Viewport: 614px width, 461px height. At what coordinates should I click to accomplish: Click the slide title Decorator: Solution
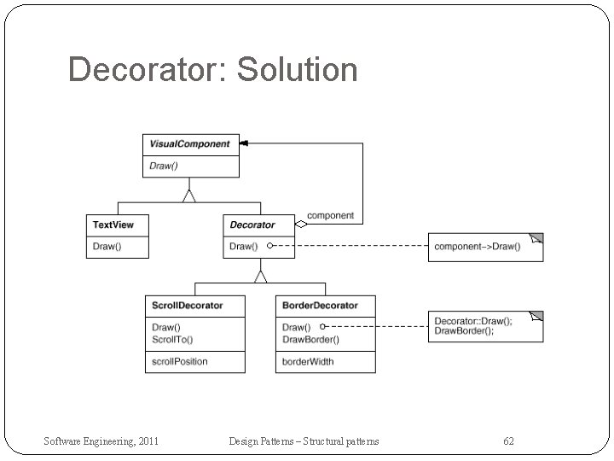pyautogui.click(x=212, y=69)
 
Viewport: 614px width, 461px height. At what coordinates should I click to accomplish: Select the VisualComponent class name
pyautogui.click(x=190, y=143)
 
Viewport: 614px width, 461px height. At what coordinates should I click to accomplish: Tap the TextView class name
pyautogui.click(x=113, y=225)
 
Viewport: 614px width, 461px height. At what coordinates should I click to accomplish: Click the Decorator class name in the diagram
pyautogui.click(x=252, y=225)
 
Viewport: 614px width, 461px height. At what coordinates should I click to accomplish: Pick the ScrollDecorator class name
pyautogui.click(x=188, y=305)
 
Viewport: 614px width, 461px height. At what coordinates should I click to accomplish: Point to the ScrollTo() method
pyautogui.click(x=172, y=339)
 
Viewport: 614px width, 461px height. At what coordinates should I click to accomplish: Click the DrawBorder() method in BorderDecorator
pyautogui.click(x=310, y=339)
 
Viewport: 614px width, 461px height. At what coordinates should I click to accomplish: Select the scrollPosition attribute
pyautogui.click(x=180, y=361)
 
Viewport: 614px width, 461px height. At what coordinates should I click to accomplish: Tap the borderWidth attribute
pyautogui.click(x=309, y=361)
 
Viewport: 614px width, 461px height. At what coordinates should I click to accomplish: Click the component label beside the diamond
pyautogui.click(x=330, y=216)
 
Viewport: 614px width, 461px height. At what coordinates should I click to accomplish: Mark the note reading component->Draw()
pyautogui.click(x=478, y=246)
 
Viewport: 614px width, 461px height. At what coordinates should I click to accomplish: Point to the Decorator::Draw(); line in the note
pyautogui.click(x=474, y=321)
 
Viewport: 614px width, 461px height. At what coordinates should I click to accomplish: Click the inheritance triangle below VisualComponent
pyautogui.click(x=189, y=195)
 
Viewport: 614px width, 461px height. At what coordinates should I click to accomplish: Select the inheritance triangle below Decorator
pyautogui.click(x=260, y=276)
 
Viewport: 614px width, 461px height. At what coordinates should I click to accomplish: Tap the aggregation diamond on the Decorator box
pyautogui.click(x=300, y=225)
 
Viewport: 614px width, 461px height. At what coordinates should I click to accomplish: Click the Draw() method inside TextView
pyautogui.click(x=107, y=246)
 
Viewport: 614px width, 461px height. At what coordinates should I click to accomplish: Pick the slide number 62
pyautogui.click(x=508, y=441)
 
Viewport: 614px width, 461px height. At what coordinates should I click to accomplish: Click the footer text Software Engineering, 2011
pyautogui.click(x=101, y=441)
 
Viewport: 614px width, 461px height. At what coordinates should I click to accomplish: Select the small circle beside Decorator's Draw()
pyautogui.click(x=269, y=246)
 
